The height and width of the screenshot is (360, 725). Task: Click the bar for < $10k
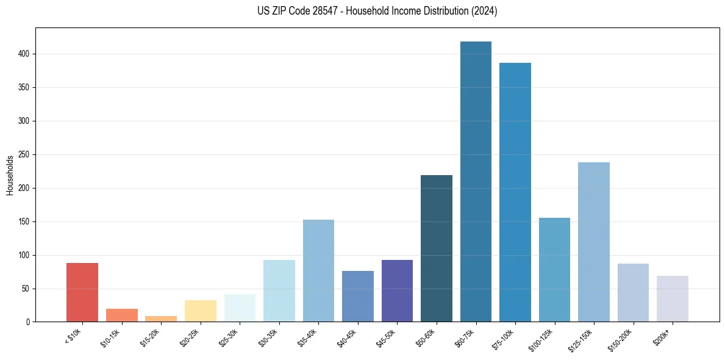point(82,292)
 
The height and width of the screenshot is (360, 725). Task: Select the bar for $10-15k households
point(121,315)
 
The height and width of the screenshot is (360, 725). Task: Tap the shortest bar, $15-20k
point(161,319)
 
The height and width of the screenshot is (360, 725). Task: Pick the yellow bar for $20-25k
point(200,311)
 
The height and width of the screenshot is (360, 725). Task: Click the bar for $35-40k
point(318,270)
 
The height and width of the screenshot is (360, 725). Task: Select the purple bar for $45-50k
point(397,290)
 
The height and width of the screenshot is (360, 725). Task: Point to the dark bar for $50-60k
point(437,248)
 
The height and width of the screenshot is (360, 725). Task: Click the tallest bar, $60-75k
point(476,181)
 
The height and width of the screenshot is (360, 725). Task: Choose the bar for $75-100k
point(515,192)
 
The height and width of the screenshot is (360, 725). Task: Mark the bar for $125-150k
point(594,242)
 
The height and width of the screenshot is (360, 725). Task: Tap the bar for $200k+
point(673,298)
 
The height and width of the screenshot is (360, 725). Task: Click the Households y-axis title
point(10,175)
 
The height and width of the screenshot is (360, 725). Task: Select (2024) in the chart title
point(484,11)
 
